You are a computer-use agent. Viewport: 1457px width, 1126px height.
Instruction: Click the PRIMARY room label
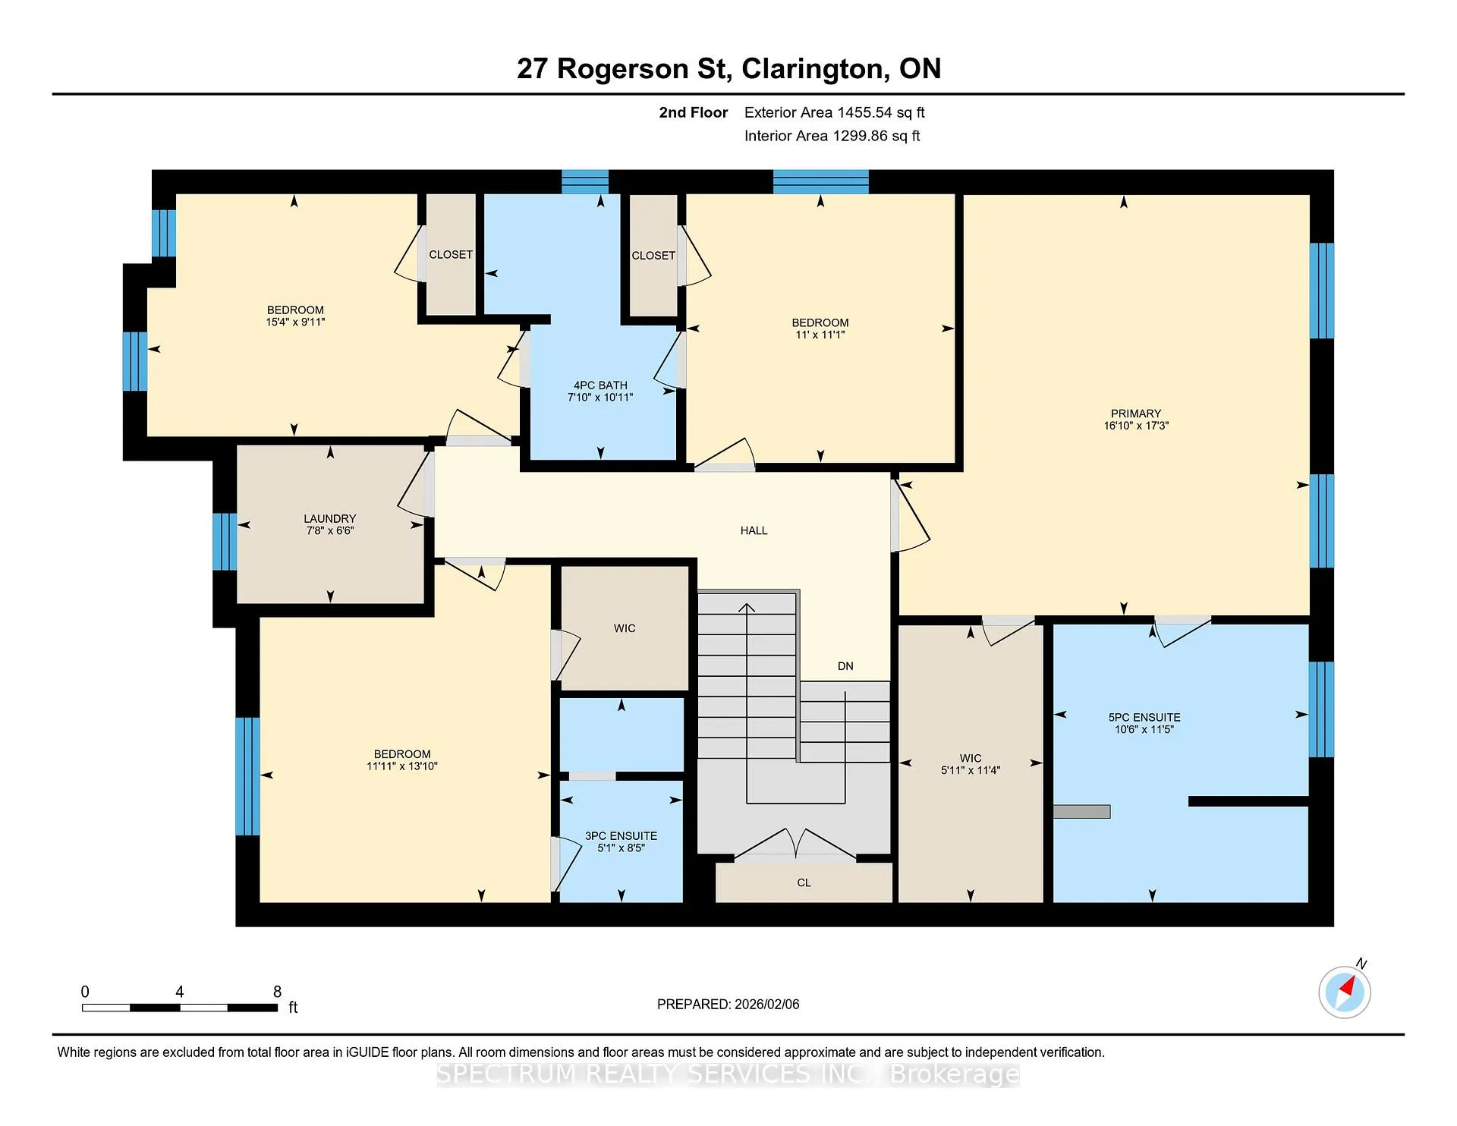tap(1135, 414)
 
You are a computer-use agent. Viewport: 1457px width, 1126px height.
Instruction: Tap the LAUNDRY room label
tap(329, 519)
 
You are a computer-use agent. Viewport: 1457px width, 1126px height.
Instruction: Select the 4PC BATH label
tap(600, 385)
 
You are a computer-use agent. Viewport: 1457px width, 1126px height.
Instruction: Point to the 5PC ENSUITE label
tap(1144, 717)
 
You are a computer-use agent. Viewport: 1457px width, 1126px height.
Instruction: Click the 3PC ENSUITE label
tap(621, 836)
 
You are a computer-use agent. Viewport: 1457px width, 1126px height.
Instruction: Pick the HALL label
tap(754, 530)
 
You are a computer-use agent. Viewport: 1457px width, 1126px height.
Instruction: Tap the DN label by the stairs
tap(845, 666)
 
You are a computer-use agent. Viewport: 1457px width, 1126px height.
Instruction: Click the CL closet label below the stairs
tap(804, 882)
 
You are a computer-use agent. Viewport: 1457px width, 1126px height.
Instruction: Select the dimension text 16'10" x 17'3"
tap(1136, 426)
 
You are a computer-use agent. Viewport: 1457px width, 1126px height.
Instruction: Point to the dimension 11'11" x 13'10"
tap(402, 766)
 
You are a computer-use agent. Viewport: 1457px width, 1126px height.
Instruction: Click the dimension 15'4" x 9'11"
tap(295, 322)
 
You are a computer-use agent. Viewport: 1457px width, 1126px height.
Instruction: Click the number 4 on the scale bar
tap(180, 992)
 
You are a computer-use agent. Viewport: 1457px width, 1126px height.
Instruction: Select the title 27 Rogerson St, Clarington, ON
tap(728, 68)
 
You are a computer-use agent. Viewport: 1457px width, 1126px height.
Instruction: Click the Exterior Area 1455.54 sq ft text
tap(834, 112)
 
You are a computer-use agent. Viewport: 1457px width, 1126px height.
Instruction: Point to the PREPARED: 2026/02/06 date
tap(728, 1004)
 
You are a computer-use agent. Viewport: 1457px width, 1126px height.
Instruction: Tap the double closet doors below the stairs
tap(795, 844)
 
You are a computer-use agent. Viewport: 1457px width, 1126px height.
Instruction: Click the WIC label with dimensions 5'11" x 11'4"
tap(971, 758)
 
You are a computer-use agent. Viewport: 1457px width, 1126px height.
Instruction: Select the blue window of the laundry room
tap(225, 542)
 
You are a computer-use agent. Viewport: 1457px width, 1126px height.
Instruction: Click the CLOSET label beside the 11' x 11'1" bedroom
tap(653, 256)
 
